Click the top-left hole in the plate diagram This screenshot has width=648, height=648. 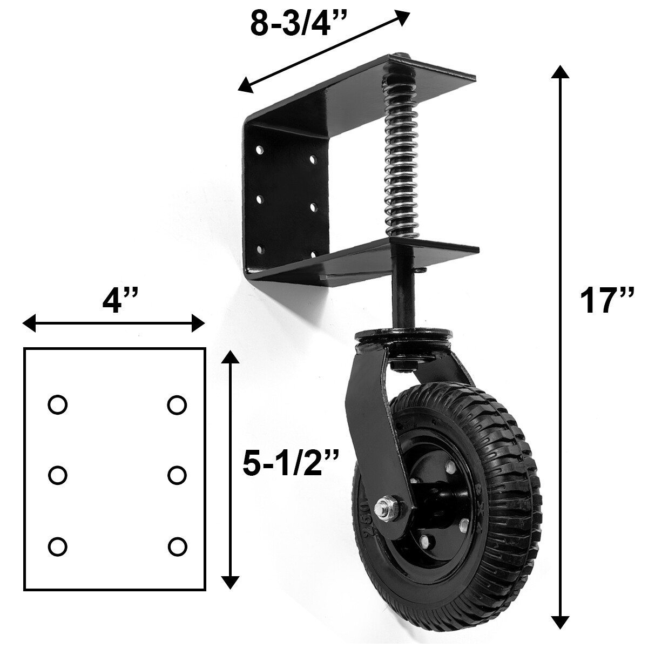coord(57,404)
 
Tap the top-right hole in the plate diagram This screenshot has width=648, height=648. coord(177,404)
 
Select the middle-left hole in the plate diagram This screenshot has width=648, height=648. coord(57,475)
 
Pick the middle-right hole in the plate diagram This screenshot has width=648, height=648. coord(177,475)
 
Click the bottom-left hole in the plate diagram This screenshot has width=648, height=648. coord(57,546)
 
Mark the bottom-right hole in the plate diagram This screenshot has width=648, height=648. coord(177,546)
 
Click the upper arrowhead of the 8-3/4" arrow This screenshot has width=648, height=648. coord(402,17)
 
